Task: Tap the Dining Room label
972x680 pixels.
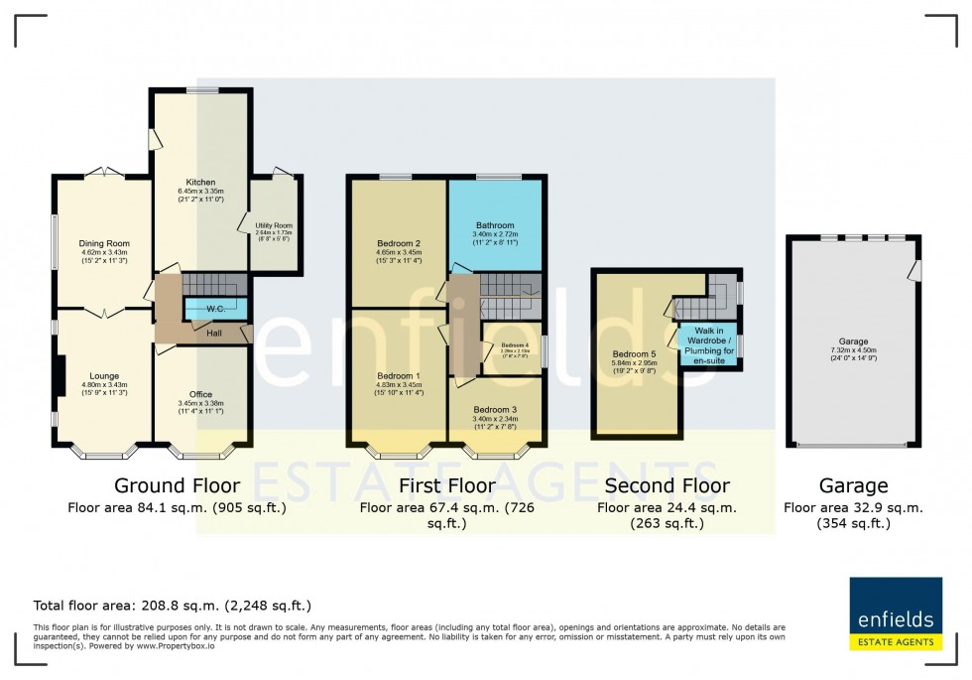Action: point(105,243)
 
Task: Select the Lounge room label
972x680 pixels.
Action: point(105,376)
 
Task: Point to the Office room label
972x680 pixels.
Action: point(200,394)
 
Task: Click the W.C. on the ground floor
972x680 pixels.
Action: point(215,310)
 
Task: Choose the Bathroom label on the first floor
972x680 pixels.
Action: point(496,225)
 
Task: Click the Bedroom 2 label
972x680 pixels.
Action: point(399,243)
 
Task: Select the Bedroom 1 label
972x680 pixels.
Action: point(399,376)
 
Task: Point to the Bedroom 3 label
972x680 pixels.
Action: point(495,410)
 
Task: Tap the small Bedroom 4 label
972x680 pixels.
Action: point(513,344)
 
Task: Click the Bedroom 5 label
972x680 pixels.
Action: point(635,353)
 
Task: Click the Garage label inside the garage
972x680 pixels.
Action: point(854,340)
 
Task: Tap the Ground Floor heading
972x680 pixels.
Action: point(177,485)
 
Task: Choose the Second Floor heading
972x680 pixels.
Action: point(667,485)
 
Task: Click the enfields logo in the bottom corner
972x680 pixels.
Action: point(896,613)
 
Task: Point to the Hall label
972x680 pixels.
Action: point(214,334)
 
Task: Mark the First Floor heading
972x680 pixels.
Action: point(446,485)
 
